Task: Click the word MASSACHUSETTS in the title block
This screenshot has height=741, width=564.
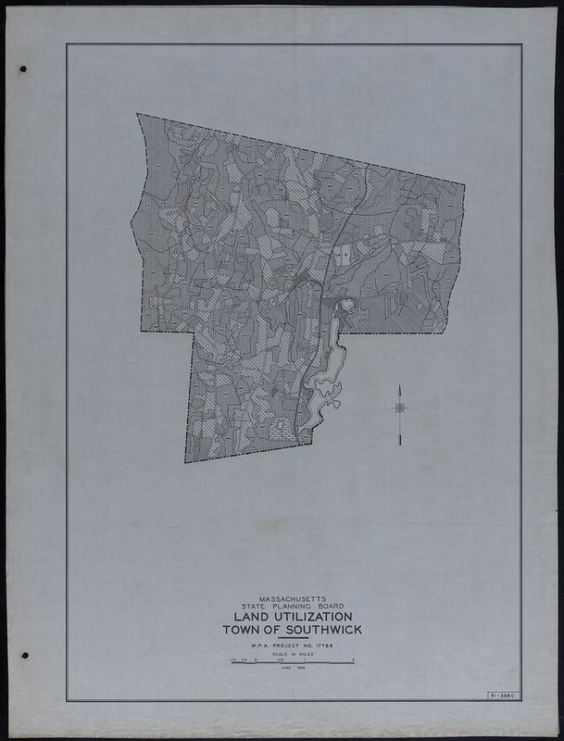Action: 292,597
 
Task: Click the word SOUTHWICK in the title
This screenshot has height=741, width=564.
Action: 320,630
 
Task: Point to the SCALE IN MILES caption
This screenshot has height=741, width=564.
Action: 292,654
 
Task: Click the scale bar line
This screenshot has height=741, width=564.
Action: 292,662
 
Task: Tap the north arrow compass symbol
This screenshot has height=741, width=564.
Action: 400,408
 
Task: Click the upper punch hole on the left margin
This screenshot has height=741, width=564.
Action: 22,69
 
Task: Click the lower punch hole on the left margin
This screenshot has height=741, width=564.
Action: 24,655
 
